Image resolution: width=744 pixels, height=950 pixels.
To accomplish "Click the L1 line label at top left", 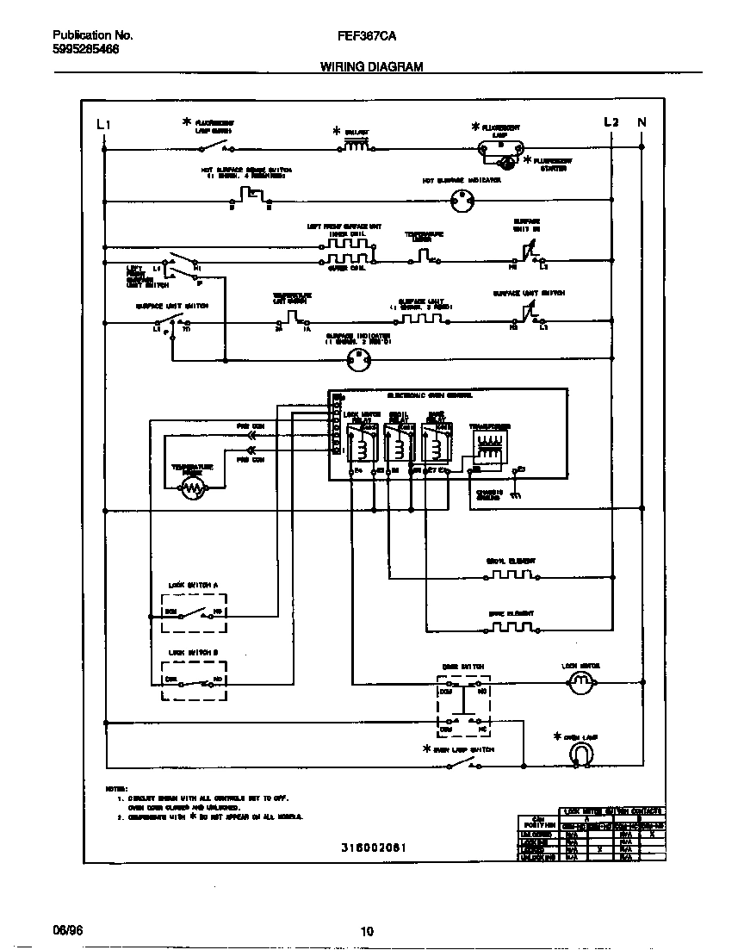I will (103, 124).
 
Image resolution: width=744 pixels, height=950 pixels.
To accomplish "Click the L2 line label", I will (611, 122).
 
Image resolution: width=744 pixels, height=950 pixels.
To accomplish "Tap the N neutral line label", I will (642, 122).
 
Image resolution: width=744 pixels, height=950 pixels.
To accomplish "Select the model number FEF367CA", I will (369, 36).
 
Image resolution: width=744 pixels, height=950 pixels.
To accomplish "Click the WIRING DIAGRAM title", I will (372, 66).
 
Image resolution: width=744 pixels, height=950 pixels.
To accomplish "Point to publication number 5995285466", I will (86, 49).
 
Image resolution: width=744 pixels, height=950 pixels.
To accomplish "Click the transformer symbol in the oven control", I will (490, 448).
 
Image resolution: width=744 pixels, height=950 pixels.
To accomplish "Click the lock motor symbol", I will (582, 683).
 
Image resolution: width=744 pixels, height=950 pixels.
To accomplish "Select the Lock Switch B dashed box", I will (194, 680).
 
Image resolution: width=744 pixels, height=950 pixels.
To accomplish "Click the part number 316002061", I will (374, 848).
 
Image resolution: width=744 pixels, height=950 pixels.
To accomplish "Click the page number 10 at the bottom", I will (367, 931).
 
